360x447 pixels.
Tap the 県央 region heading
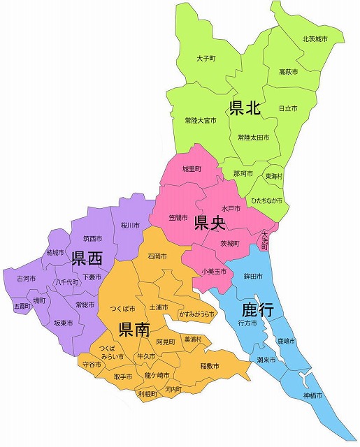click(x=209, y=223)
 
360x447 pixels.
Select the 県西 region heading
click(x=87, y=259)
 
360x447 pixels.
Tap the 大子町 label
click(x=207, y=59)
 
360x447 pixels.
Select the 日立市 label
click(x=288, y=109)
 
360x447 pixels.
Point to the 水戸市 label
click(x=231, y=208)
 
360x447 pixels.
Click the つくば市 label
click(x=123, y=307)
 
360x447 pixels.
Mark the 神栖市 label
click(x=312, y=395)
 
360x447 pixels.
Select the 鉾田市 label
click(x=252, y=277)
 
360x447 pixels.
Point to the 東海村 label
click(x=274, y=176)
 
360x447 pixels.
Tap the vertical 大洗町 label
click(x=264, y=240)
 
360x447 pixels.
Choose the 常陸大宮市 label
click(x=201, y=120)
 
